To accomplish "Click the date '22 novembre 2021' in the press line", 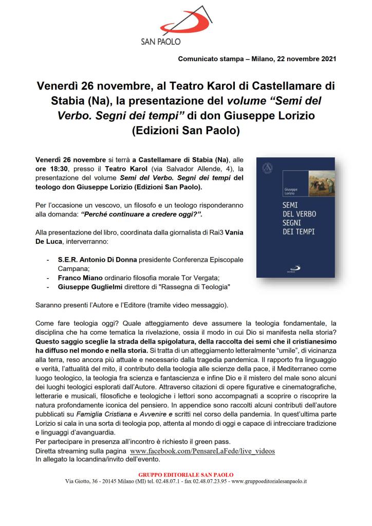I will point(306,59).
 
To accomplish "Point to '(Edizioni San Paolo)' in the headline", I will point(186,130).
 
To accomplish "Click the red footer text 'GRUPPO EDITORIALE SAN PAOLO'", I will point(186,475).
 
